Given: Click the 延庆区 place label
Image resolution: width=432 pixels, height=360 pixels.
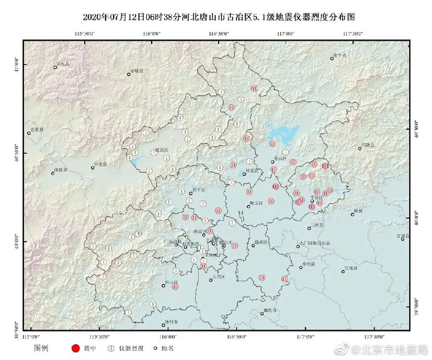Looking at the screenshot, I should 162,150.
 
